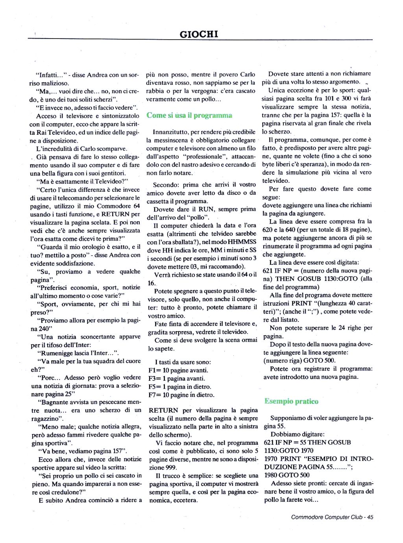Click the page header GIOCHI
coord(199,34)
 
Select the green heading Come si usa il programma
coord(189,115)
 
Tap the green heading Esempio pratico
coord(291,401)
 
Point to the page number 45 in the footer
coord(370,517)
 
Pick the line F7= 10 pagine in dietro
coord(181,395)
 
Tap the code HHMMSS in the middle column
coord(242,242)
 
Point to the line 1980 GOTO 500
coord(287,475)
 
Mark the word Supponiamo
coord(287,418)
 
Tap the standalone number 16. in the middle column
coord(152,283)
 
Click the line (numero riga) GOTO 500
coord(299,360)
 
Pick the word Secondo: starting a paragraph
coord(166,185)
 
